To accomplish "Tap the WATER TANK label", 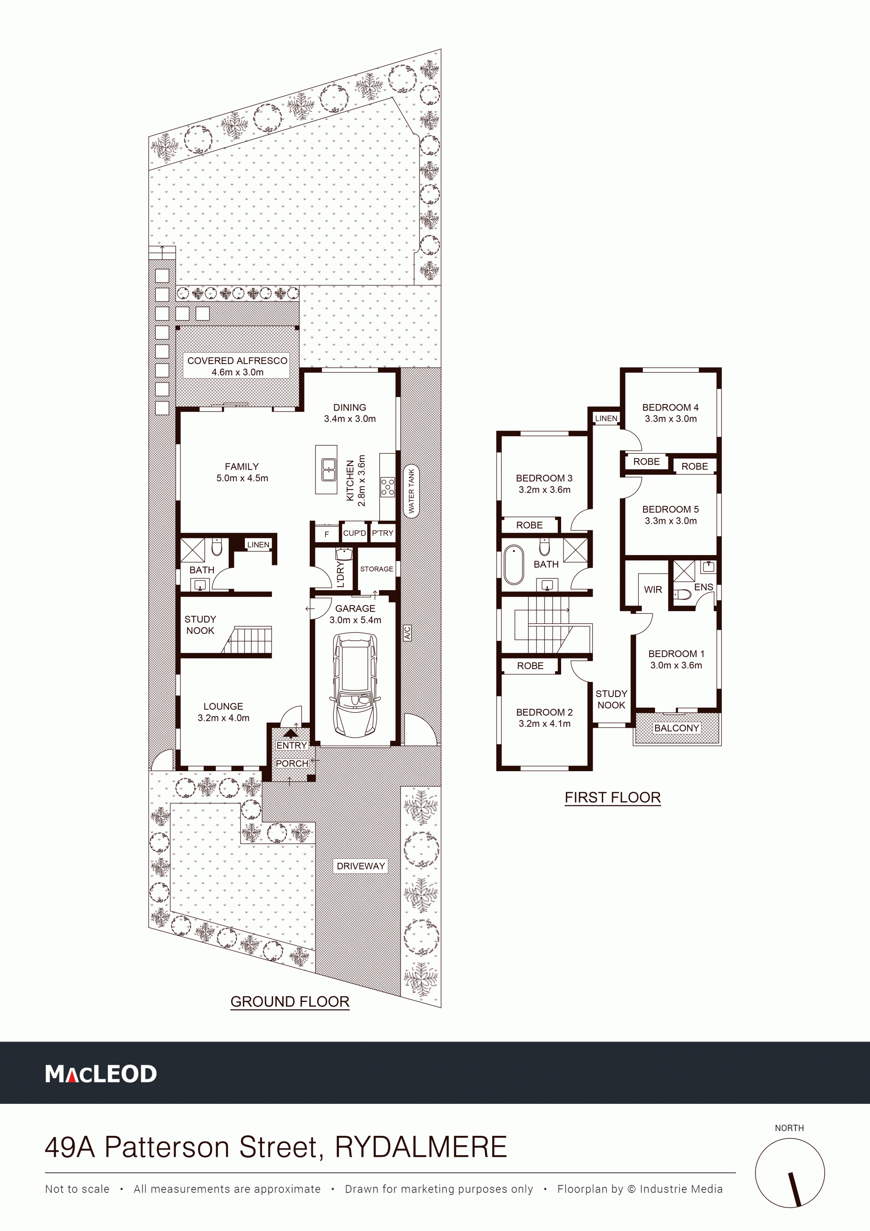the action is (411, 491).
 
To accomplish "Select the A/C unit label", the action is (407, 633).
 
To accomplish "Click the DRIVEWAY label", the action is (361, 866).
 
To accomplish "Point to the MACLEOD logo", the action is (101, 1074).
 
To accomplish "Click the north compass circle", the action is (789, 1173).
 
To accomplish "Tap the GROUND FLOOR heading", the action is (289, 1001).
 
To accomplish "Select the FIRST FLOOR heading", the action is (613, 797).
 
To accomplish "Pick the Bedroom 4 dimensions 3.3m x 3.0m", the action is (670, 419).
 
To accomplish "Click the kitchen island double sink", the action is (329, 470).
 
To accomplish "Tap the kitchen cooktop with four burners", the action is (387, 487).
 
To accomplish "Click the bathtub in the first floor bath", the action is (513, 565).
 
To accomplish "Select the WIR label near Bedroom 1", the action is (653, 590).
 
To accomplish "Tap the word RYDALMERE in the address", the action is (421, 1147).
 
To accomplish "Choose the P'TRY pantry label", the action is (383, 533).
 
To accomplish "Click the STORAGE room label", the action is (377, 569).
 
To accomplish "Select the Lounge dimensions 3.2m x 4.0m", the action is (223, 718).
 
